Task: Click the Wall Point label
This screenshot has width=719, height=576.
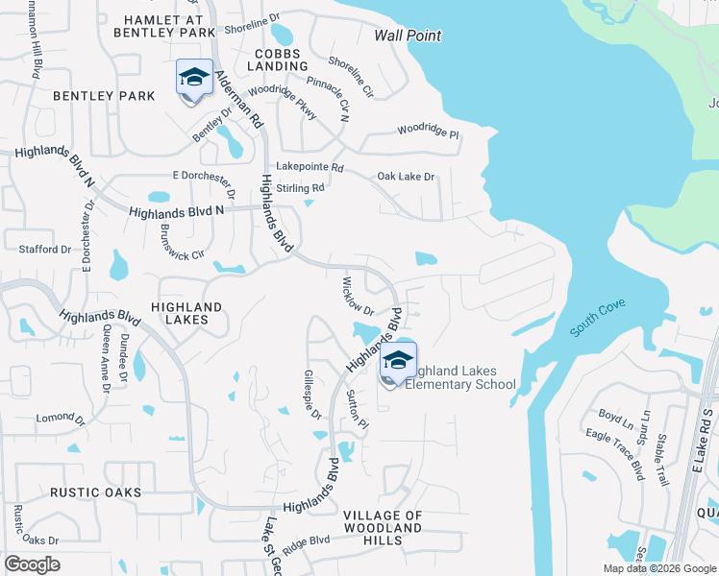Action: click(408, 36)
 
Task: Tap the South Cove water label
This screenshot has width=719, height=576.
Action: click(598, 318)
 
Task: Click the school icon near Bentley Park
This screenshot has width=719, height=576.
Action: click(194, 79)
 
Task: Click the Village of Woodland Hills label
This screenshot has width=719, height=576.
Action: click(383, 527)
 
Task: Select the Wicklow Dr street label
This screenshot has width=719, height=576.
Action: click(358, 297)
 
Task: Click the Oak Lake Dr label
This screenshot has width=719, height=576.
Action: click(406, 177)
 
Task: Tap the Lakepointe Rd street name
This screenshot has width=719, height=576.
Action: click(310, 167)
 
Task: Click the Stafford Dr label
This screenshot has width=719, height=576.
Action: click(45, 250)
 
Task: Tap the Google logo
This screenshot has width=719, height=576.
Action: click(32, 564)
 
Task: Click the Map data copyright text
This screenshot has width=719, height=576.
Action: click(658, 568)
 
